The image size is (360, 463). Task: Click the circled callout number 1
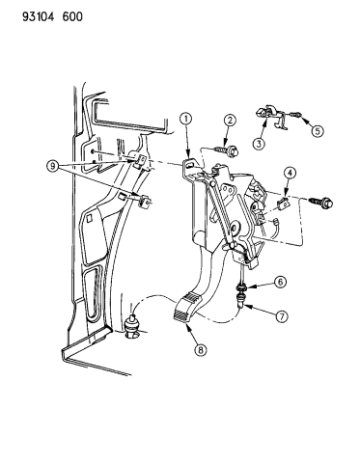point(186,120)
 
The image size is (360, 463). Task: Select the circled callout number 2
point(230,121)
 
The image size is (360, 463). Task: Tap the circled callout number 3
point(260,144)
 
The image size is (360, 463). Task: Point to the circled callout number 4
point(290,174)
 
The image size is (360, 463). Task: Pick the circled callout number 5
point(318,131)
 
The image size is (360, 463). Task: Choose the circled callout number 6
point(280,283)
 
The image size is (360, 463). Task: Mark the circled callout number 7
point(281,316)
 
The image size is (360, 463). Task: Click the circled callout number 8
point(201,349)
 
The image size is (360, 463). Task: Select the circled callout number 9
point(52,166)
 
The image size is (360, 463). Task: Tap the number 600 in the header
point(72,16)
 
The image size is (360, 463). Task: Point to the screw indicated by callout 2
point(226,150)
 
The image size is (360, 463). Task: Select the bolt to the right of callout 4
point(320,202)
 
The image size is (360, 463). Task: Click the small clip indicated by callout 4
point(283,204)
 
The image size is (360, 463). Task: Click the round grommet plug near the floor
point(132,326)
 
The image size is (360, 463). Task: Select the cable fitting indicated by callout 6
point(241,286)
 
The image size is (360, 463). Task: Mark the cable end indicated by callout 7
point(241,299)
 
